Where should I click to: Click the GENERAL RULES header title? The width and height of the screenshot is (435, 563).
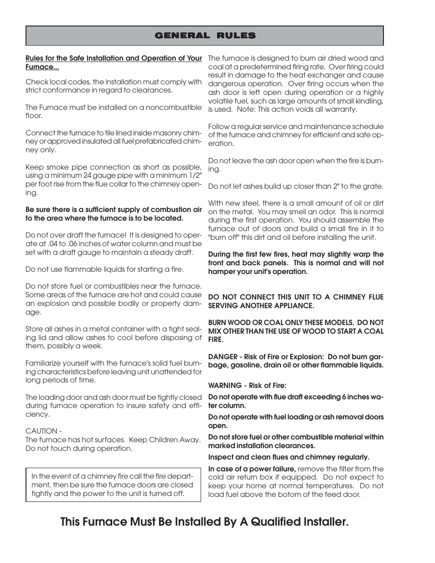(205, 36)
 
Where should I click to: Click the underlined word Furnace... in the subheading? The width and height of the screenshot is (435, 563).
(42, 67)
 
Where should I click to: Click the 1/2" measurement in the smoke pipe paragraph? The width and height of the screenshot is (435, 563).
(193, 176)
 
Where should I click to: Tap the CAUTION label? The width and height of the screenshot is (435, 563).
(42, 431)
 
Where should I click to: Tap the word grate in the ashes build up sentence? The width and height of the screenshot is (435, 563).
(372, 186)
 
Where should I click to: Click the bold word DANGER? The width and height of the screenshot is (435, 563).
(223, 357)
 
